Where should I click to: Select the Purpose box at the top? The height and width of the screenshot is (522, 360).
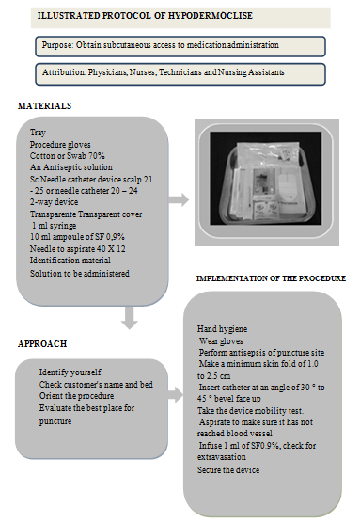pos(180,46)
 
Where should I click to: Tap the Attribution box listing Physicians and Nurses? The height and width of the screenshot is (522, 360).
pos(180,74)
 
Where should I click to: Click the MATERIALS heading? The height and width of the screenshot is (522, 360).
pos(44,106)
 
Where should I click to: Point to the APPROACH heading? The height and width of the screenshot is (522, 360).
pos(42,344)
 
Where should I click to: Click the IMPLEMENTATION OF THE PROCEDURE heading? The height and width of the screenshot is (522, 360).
pos(271,278)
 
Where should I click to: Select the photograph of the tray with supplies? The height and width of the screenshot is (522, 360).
pos(267,182)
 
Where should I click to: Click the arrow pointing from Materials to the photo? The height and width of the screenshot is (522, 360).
pos(179,200)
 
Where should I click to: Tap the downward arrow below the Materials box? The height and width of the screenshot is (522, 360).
pos(130,318)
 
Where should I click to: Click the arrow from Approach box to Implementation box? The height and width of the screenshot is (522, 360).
pos(176,395)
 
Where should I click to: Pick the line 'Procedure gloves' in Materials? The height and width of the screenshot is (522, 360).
pos(60,145)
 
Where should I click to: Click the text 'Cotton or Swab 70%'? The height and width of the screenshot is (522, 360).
pos(68,156)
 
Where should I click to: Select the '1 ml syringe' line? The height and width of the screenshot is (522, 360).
pos(55,226)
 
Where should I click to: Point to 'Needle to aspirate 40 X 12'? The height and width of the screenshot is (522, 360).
pos(77,248)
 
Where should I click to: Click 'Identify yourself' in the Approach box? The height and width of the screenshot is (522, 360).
pos(70,372)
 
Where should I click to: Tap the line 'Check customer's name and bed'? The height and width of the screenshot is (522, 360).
pos(96,384)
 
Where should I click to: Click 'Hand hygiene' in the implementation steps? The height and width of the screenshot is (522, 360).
pos(222,329)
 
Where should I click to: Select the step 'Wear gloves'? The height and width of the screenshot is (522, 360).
pos(221,340)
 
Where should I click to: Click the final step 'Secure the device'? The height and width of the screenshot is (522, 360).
pos(228,469)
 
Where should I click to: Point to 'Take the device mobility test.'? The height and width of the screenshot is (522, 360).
pos(250,410)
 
